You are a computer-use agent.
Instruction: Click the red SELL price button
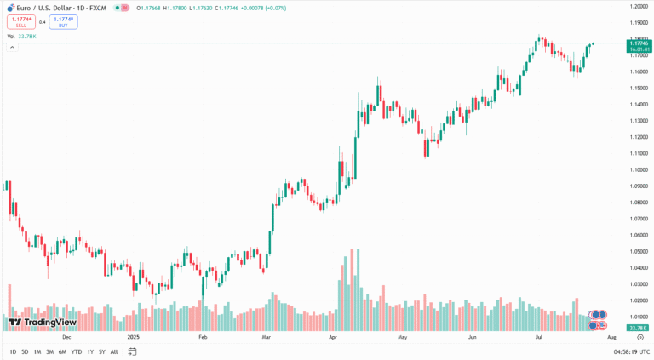(20, 21)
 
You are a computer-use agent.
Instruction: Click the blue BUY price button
(63, 21)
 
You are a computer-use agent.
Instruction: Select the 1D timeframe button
(13, 351)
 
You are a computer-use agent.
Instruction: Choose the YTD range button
(76, 351)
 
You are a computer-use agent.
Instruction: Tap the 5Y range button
(101, 351)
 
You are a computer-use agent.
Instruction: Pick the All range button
(114, 351)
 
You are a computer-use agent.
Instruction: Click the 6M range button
(62, 351)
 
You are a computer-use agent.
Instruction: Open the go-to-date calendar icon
(132, 351)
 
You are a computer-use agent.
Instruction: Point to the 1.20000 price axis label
(639, 6)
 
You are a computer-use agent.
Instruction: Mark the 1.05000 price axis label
(639, 251)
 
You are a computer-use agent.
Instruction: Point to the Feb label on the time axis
(203, 337)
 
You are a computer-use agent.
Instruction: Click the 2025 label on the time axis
(133, 337)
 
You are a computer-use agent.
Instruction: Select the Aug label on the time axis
(611, 337)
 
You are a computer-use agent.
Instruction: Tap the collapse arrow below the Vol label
(12, 47)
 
